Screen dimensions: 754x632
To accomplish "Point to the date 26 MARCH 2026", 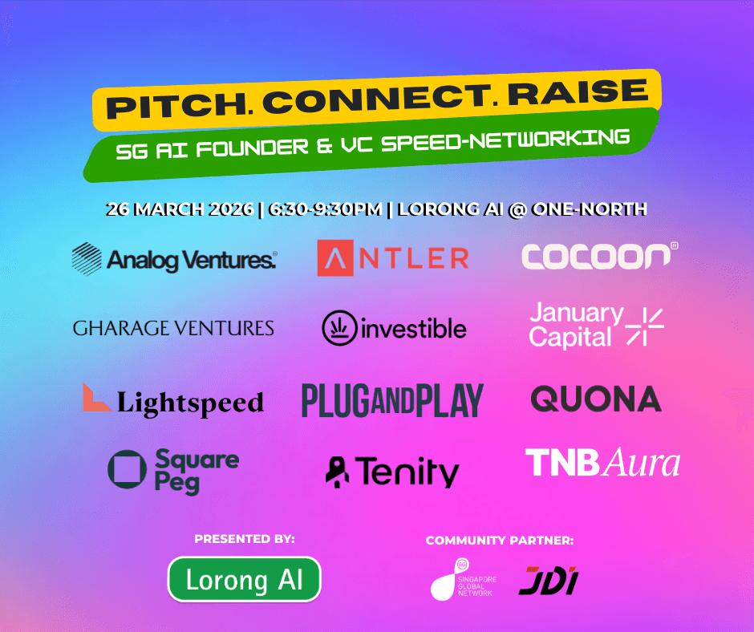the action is tap(180, 209).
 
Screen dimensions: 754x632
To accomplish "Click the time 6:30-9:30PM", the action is tap(326, 209).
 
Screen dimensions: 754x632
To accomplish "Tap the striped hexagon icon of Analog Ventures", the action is tap(87, 259).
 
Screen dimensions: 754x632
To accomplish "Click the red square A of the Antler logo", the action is tap(335, 257).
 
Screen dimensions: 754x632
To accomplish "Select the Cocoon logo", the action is tap(600, 255).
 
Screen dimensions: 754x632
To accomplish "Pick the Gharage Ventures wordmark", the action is tap(173, 329).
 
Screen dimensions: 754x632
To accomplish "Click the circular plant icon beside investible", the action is tap(339, 328).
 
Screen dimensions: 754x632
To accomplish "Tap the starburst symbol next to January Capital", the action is tap(645, 327).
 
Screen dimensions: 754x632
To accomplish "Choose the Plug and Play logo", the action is tap(392, 400).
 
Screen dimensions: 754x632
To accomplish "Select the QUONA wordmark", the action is tap(596, 399).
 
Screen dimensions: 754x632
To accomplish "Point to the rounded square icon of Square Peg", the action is tap(127, 469).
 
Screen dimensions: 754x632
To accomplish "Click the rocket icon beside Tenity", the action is tap(337, 472).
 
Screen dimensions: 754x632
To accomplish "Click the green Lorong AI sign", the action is tap(245, 580).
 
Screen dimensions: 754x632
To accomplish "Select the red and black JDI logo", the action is tap(549, 581).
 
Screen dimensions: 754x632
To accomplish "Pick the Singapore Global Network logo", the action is tap(464, 580).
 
